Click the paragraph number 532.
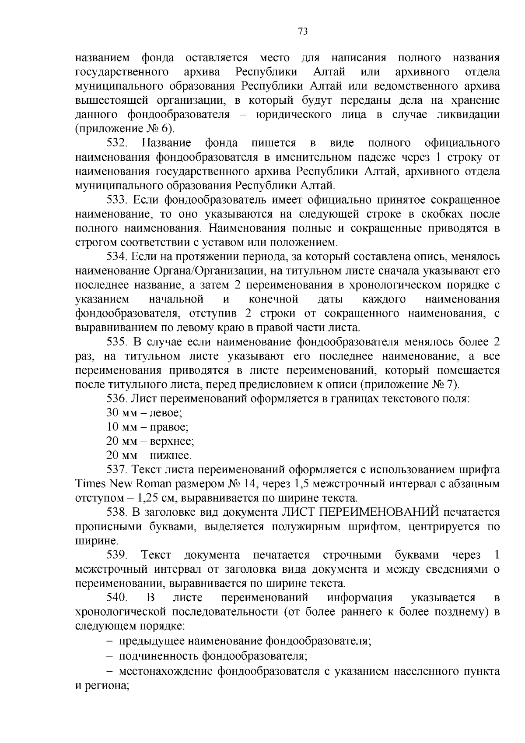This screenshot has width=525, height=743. [x=117, y=143]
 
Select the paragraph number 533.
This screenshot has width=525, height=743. [x=117, y=200]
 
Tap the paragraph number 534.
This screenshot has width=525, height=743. [x=117, y=257]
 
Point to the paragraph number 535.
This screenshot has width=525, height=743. [x=117, y=342]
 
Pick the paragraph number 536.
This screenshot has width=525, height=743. [x=117, y=398]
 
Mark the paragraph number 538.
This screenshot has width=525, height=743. [x=117, y=512]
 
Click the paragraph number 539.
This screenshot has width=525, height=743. [x=117, y=555]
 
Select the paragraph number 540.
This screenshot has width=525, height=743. [x=117, y=598]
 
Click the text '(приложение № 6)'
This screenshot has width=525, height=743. [x=125, y=129]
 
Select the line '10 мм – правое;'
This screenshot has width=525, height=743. [x=147, y=427]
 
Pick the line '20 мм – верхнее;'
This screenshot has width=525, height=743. [x=150, y=441]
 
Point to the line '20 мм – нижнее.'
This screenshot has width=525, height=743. [x=149, y=455]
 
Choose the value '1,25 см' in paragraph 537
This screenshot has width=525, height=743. [x=156, y=498]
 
